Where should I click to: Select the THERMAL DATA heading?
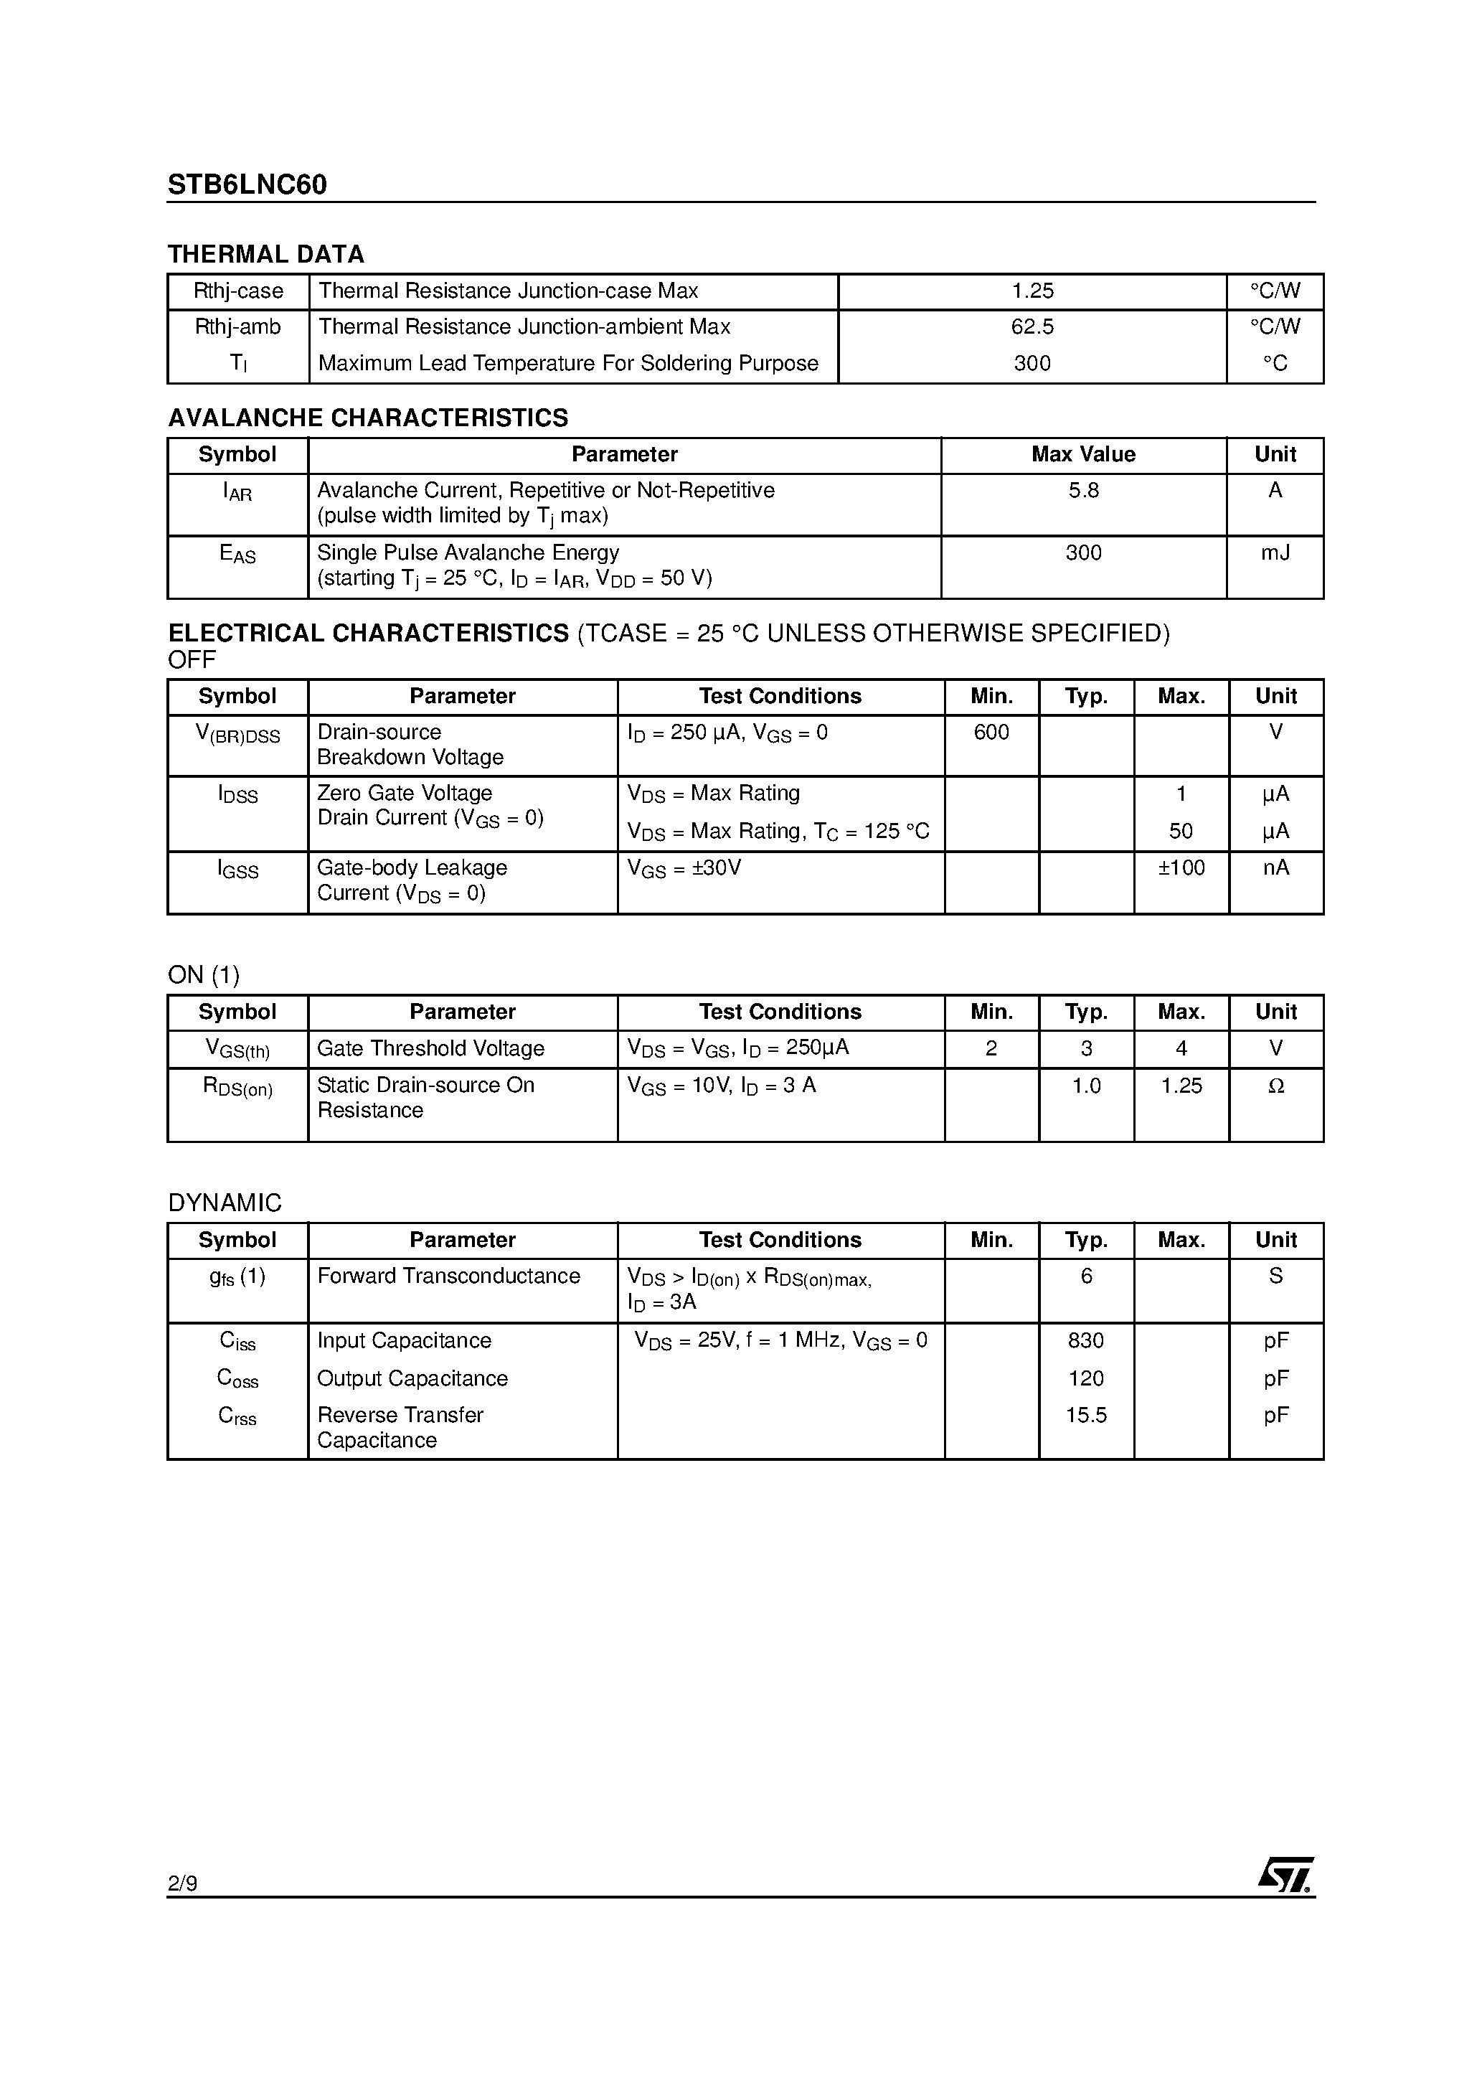tap(266, 254)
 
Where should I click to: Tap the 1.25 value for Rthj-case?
tap(1032, 291)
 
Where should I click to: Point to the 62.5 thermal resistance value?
tap(1032, 327)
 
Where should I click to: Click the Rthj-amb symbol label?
tap(237, 327)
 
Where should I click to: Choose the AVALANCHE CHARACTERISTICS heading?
tap(367, 418)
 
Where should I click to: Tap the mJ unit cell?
tap(1275, 552)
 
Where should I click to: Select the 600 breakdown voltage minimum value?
tap(991, 733)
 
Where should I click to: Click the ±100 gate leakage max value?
tap(1181, 868)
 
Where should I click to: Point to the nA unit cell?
tap(1275, 868)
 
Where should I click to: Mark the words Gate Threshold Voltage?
tap(430, 1049)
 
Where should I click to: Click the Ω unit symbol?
tap(1275, 1086)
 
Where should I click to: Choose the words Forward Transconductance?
tap(448, 1276)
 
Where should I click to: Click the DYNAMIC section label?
tap(225, 1203)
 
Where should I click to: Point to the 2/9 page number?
tap(183, 1883)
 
